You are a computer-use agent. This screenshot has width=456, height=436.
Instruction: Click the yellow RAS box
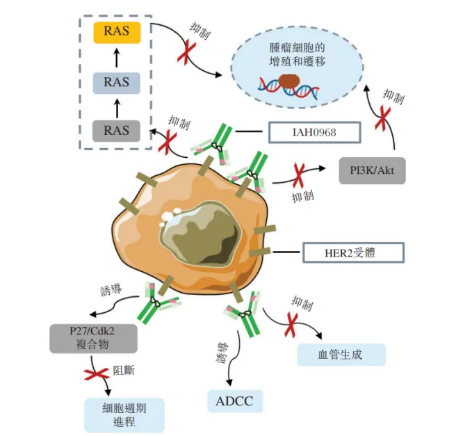(117, 31)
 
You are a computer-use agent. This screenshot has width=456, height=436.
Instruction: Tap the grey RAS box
(117, 129)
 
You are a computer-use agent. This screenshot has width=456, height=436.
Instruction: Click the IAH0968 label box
(315, 131)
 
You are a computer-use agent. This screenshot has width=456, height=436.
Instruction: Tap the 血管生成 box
(341, 354)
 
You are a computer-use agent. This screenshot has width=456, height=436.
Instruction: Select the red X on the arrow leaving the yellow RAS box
(184, 53)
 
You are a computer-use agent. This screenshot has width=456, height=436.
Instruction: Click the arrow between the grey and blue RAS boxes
(117, 106)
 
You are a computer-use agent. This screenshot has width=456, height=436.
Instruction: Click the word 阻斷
(125, 371)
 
